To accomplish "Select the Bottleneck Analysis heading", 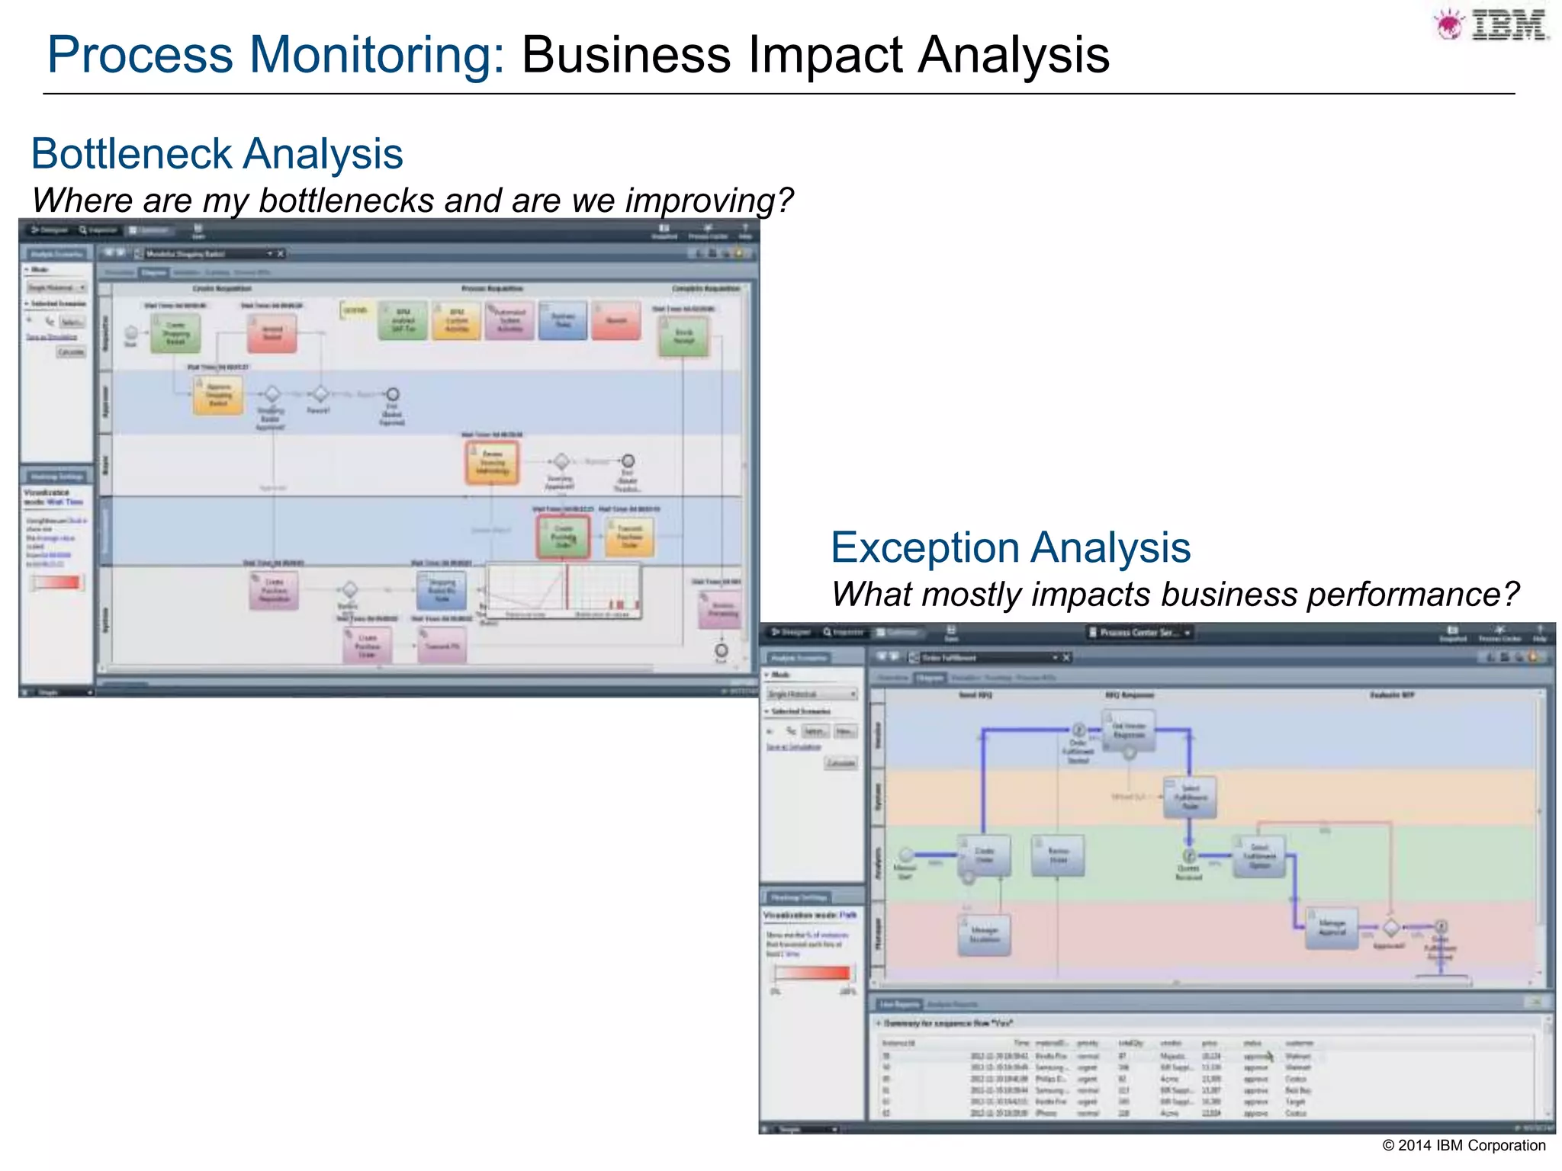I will [217, 154].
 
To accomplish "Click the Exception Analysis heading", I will [1011, 548].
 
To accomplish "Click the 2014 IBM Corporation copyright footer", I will [1464, 1145].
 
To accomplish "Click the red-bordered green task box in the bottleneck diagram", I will [564, 537].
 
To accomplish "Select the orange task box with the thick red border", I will [493, 462].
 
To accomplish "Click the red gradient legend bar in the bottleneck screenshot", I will [56, 583].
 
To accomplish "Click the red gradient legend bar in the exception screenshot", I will [812, 973].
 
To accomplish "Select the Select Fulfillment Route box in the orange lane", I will [1190, 797].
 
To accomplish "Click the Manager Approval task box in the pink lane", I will [1332, 927].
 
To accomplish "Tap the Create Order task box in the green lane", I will [985, 855].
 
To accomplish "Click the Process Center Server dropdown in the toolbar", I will [1139, 633].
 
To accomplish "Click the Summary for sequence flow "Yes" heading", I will [948, 1023].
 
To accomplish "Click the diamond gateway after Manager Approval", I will [1391, 928].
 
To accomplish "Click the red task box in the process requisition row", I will [616, 321].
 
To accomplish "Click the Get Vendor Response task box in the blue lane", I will [1129, 730].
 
